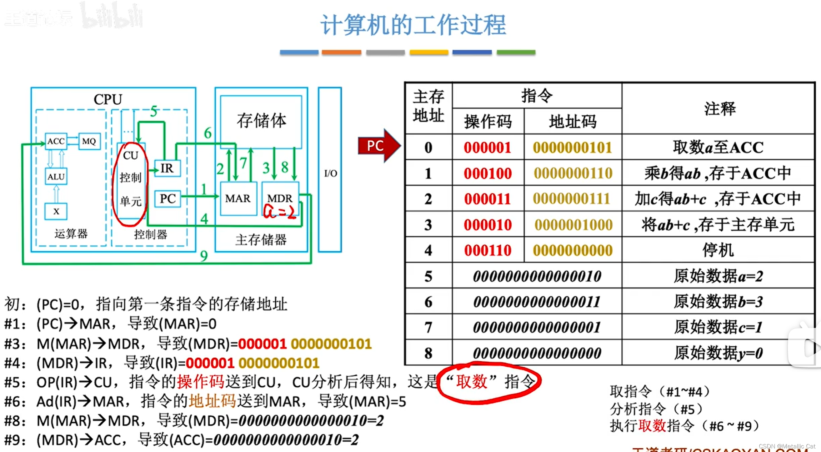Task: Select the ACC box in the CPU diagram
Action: [56, 141]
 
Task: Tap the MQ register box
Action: [89, 141]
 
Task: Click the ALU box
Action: [56, 176]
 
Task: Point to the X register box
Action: [56, 211]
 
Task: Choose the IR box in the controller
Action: [167, 168]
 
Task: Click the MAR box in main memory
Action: [238, 199]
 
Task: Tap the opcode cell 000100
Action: [488, 173]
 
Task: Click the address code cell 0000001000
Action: [573, 225]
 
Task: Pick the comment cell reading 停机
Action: [718, 250]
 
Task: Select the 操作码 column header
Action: [488, 122]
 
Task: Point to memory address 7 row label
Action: [428, 327]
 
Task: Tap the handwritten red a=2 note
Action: [280, 212]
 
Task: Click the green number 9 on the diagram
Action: [204, 256]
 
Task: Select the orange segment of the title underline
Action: [341, 52]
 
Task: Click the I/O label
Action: [330, 174]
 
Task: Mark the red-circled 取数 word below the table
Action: [472, 382]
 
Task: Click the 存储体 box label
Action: [261, 121]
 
